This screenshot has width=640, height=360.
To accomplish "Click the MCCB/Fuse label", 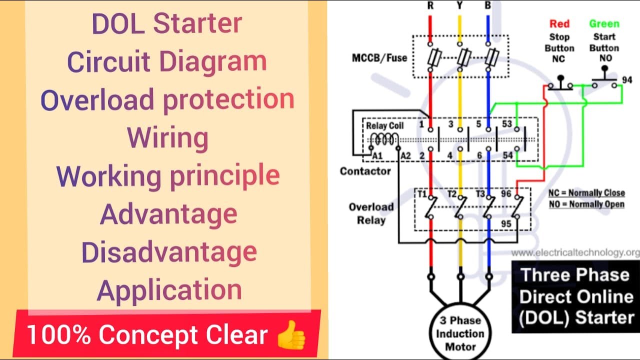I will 379,57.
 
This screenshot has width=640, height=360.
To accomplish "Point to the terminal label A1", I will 377,156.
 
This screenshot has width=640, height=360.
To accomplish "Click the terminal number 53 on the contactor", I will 506,123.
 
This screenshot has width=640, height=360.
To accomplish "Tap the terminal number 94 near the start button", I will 627,80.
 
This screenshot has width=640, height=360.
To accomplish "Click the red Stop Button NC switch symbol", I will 560,82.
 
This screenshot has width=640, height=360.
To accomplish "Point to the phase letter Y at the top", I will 459,6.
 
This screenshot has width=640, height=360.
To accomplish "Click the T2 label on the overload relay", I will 452,193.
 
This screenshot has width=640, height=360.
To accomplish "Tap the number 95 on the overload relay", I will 506,223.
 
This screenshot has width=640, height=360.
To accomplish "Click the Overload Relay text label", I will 371,213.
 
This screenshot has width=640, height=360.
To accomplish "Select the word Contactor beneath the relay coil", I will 365,171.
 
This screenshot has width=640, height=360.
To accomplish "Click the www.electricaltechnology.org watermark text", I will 575,252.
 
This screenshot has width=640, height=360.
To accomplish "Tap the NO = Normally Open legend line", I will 586,204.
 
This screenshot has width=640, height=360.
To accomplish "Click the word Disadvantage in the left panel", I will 169,252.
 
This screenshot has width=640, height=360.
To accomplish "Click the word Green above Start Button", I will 604,23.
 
